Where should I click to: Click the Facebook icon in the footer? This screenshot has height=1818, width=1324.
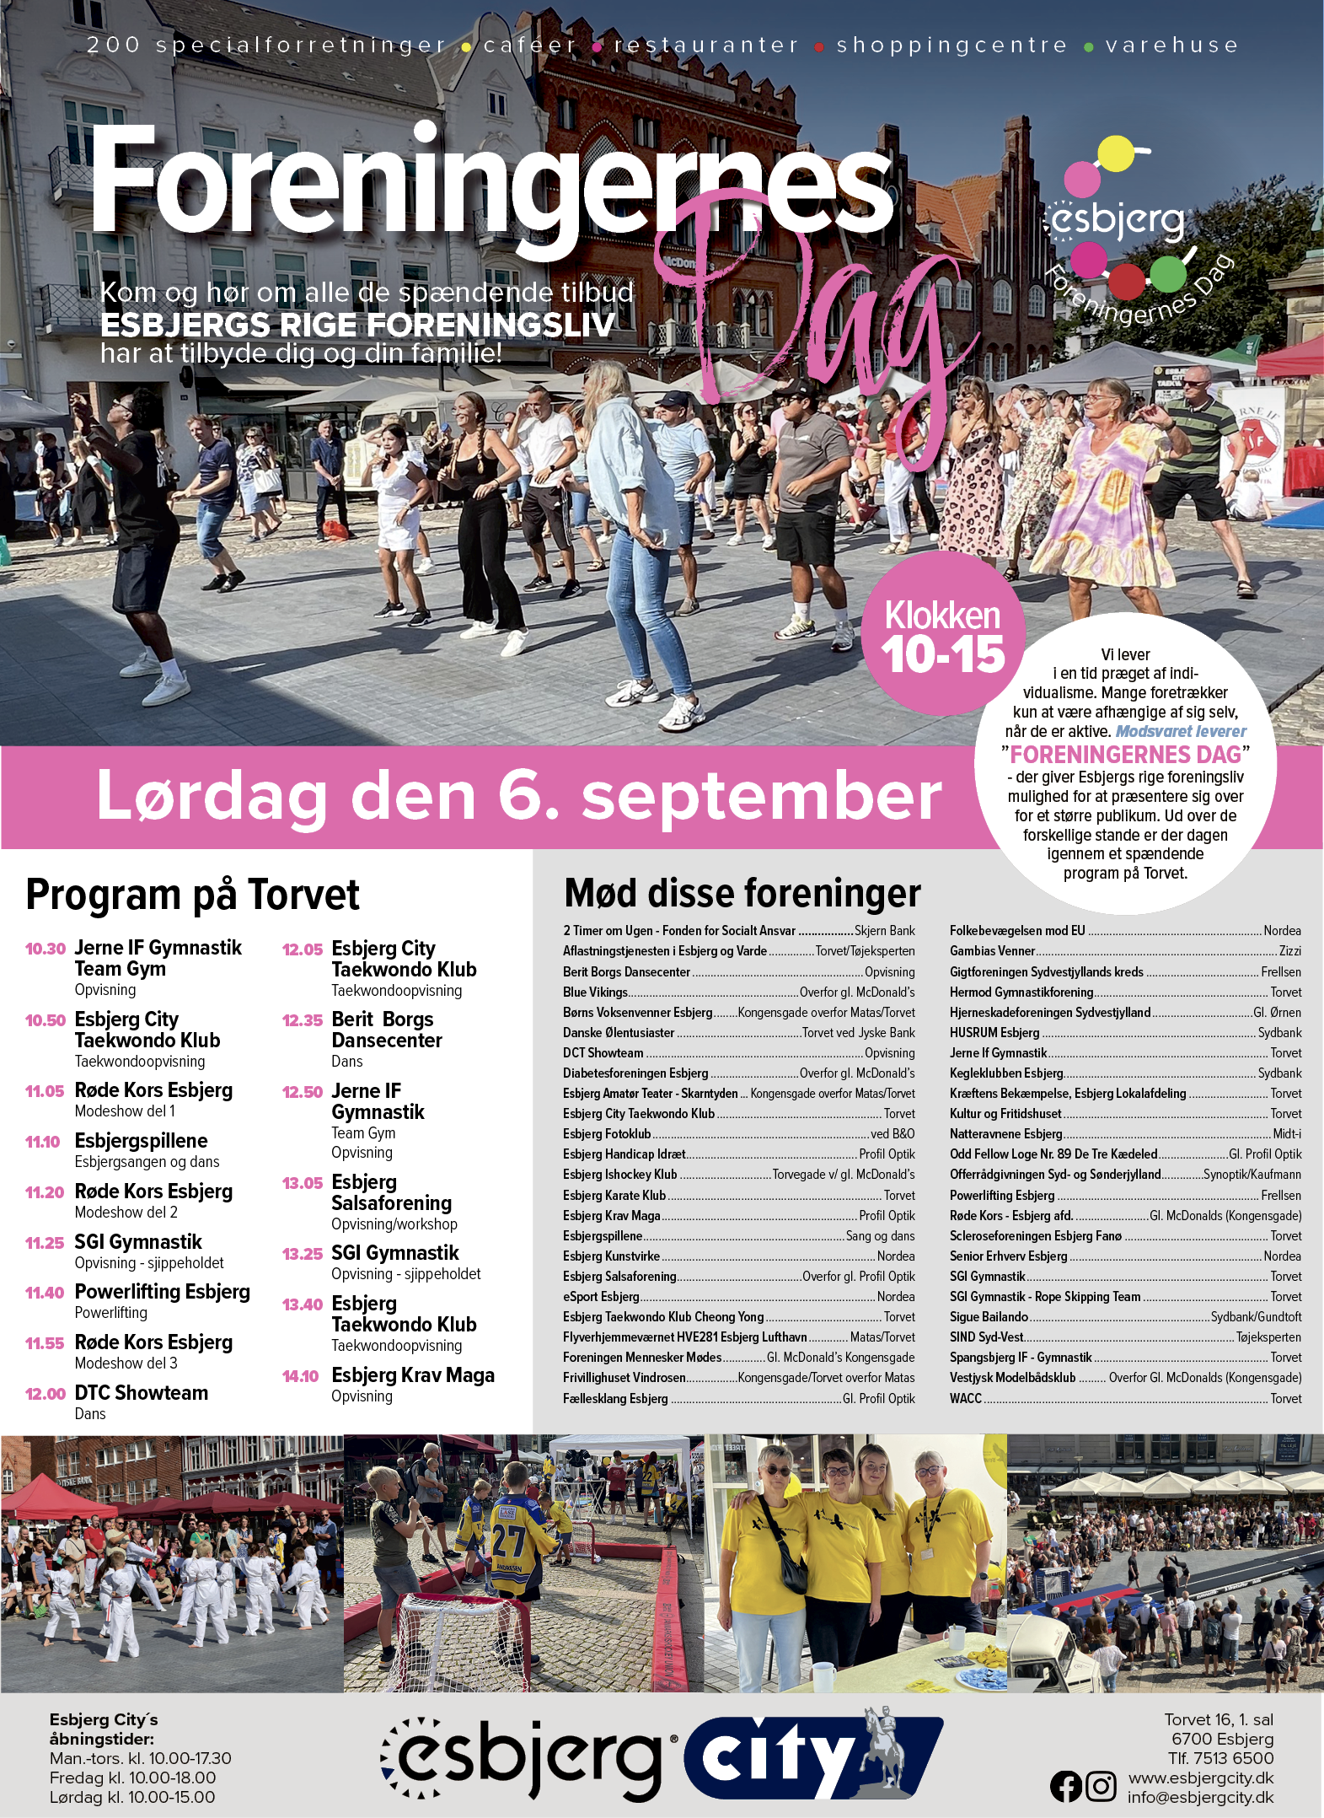1066,1786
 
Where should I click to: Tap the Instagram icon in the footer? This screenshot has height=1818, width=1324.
1101,1786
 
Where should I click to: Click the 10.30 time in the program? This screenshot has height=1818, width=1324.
46,949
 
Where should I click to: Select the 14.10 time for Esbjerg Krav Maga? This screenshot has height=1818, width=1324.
301,1376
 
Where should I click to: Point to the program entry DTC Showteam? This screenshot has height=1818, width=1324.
141,1393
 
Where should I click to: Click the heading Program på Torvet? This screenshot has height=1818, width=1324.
192,895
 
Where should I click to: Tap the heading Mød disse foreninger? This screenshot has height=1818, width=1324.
742,893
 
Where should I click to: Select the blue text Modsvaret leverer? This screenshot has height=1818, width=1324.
1180,731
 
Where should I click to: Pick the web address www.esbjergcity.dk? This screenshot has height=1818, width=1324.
1200,1778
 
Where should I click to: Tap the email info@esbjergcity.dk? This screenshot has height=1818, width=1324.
1200,1797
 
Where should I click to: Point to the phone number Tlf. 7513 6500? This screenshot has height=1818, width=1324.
1220,1758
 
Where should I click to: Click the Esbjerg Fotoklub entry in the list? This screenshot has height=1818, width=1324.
607,1134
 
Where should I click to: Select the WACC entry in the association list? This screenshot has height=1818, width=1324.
966,1398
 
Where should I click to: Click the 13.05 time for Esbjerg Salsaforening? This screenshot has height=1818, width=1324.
303,1183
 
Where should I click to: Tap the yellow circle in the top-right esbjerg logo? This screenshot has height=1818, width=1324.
1117,153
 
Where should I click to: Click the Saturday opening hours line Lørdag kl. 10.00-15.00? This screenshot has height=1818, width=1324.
132,1797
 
